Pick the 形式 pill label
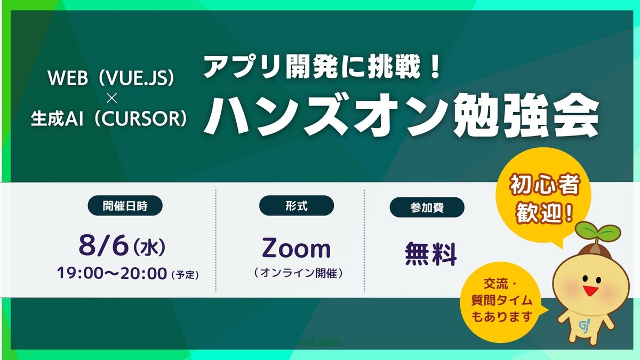pyautogui.click(x=296, y=205)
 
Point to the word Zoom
pyautogui.click(x=296, y=249)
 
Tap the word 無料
pyautogui.click(x=431, y=254)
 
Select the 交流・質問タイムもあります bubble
pyautogui.click(x=501, y=301)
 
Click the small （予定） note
pyautogui.click(x=185, y=275)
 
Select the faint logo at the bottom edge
pyautogui.click(x=321, y=342)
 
